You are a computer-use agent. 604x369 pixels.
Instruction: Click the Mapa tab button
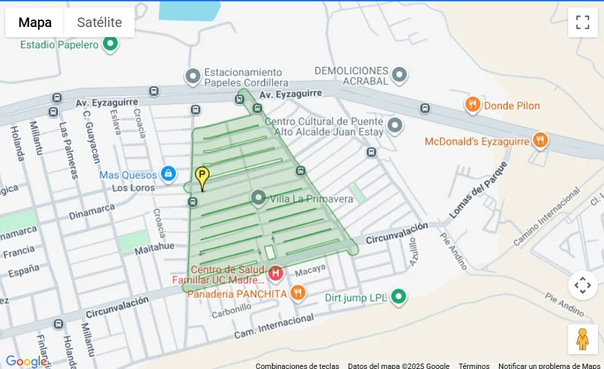coord(35,22)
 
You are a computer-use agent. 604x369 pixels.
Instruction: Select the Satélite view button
coord(99,22)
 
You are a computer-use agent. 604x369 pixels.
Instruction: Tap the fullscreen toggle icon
coord(582,22)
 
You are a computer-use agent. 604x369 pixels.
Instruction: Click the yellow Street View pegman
coord(582,339)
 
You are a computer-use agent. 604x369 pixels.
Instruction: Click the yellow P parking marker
coord(202,178)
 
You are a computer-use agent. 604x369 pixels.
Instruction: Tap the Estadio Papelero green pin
coord(110,45)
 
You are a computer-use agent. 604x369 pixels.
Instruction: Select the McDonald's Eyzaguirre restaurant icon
coord(540,141)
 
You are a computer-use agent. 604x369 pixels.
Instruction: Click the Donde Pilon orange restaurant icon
coord(472,105)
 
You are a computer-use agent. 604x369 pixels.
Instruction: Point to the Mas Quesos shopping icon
coord(168,174)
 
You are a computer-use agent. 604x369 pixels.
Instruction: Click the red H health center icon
coord(275,274)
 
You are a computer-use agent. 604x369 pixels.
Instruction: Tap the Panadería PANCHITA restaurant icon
coord(298,293)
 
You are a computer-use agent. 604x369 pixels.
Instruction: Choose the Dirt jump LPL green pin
coord(399,297)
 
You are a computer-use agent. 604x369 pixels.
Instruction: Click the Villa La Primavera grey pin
coord(258,198)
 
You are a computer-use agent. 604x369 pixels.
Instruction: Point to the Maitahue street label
coord(154,247)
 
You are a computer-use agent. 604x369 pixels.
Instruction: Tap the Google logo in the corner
coord(26,362)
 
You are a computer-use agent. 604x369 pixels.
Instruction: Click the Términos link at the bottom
coord(473,366)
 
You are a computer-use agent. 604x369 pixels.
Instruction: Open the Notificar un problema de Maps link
coord(549,366)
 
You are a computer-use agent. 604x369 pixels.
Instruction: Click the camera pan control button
coord(582,285)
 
